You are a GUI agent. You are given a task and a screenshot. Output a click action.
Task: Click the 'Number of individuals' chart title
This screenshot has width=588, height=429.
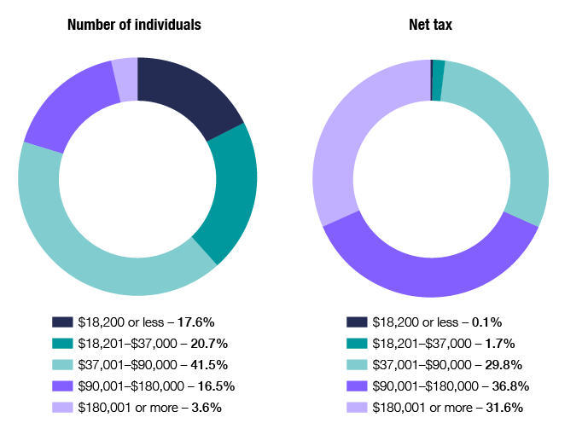click(x=134, y=25)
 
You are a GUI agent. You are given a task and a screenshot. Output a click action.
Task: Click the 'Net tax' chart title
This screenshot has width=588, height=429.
click(x=430, y=25)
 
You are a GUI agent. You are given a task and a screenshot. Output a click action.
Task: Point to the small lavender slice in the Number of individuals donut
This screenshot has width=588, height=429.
click(x=125, y=67)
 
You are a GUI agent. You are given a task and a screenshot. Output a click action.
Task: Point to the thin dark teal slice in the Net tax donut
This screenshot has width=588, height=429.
click(x=438, y=68)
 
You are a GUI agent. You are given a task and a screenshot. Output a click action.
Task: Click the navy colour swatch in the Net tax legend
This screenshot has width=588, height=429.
click(x=357, y=322)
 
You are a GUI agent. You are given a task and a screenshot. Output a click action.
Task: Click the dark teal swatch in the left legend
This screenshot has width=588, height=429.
click(x=62, y=344)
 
